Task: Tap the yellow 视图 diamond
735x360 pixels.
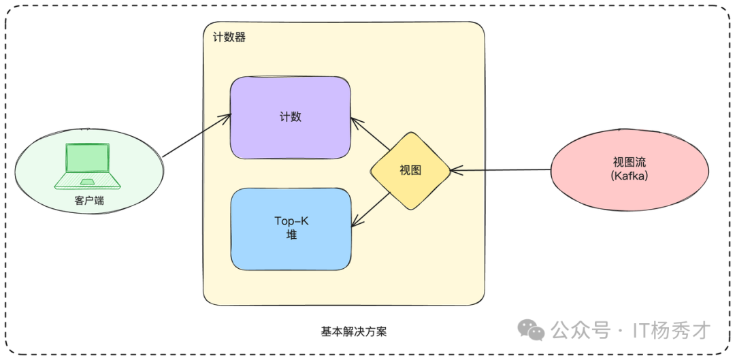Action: pos(410,171)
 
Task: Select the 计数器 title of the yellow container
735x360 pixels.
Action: pos(225,37)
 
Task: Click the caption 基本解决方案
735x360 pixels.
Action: pos(354,331)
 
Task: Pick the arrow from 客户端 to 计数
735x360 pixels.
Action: pos(197,137)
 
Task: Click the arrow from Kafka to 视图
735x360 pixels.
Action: pos(500,170)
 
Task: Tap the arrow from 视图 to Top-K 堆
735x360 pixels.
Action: pos(371,209)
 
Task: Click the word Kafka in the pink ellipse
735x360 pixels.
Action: pos(630,176)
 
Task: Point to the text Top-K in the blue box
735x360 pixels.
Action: pos(291,220)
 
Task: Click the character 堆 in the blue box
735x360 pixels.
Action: pos(291,235)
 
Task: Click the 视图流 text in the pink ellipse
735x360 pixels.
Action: pos(630,163)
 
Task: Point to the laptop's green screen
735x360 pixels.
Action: pos(87,159)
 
